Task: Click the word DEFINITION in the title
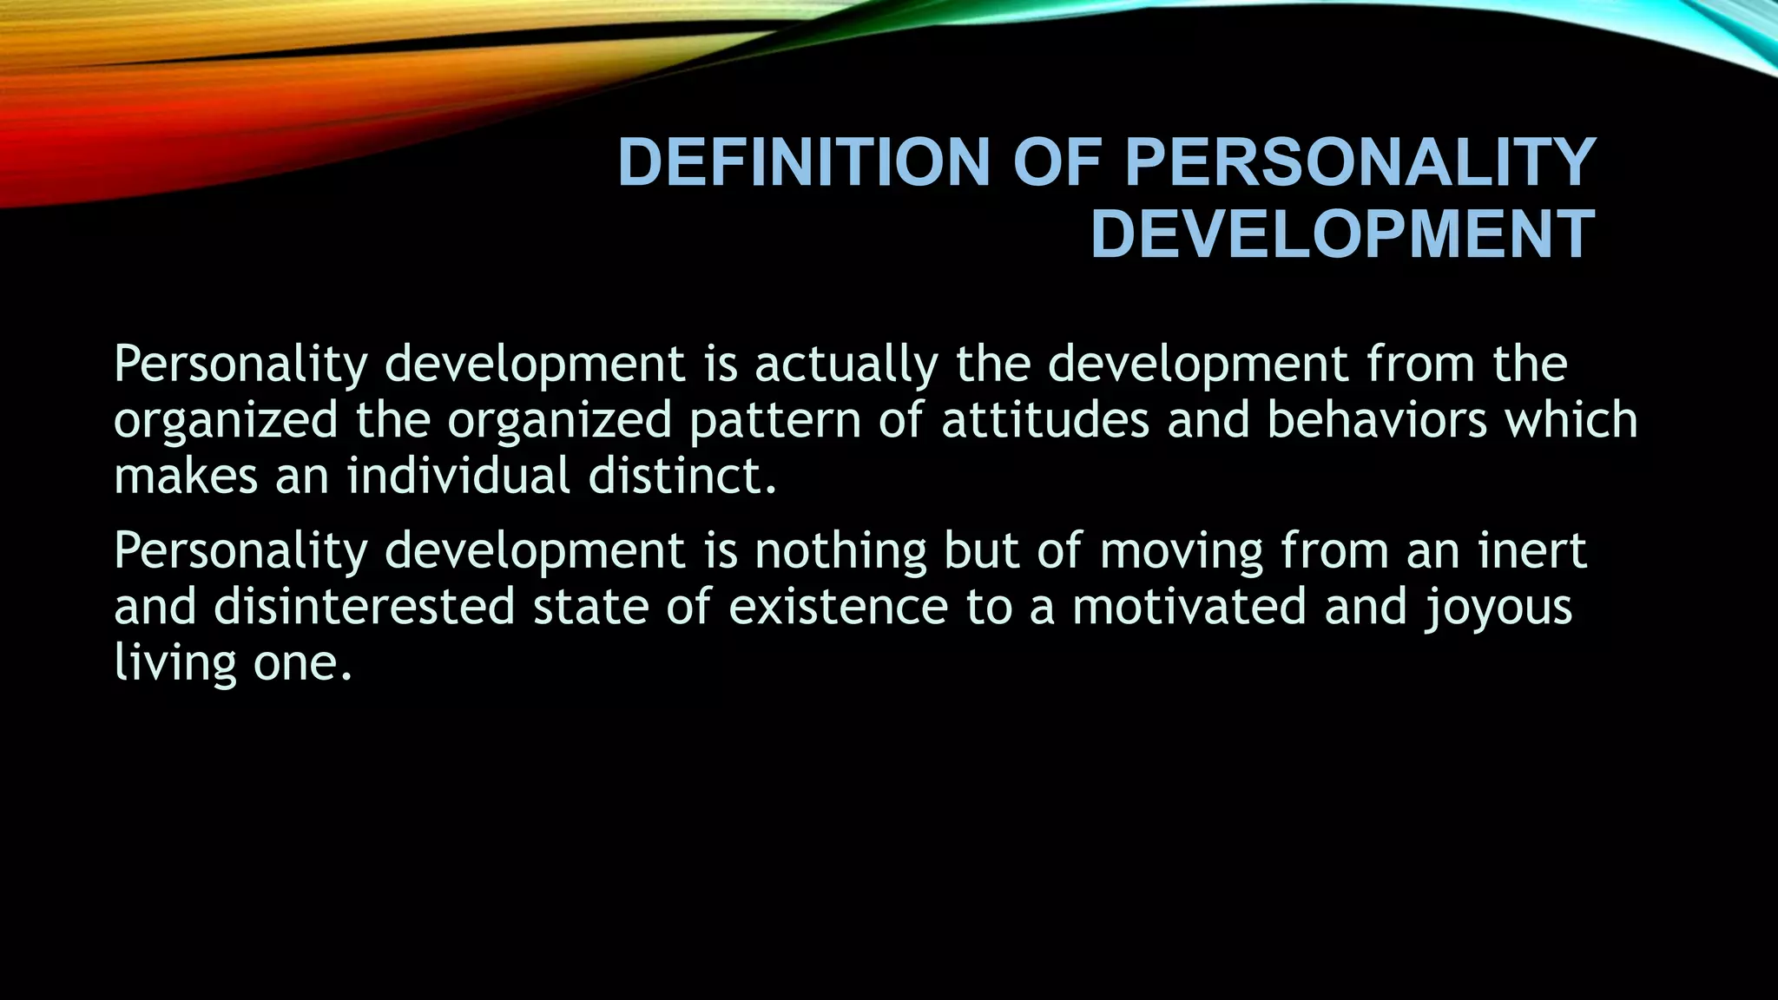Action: (x=803, y=162)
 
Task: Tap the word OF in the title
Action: (x=1057, y=162)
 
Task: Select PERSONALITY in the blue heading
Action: (x=1360, y=162)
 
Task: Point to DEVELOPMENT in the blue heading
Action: (x=1342, y=234)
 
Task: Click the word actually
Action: (x=846, y=365)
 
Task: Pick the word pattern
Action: (x=775, y=421)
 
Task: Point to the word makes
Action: (x=186, y=477)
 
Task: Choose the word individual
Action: (x=458, y=477)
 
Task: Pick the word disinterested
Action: (x=365, y=607)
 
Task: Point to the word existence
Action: (x=838, y=607)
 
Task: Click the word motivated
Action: (x=1189, y=607)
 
